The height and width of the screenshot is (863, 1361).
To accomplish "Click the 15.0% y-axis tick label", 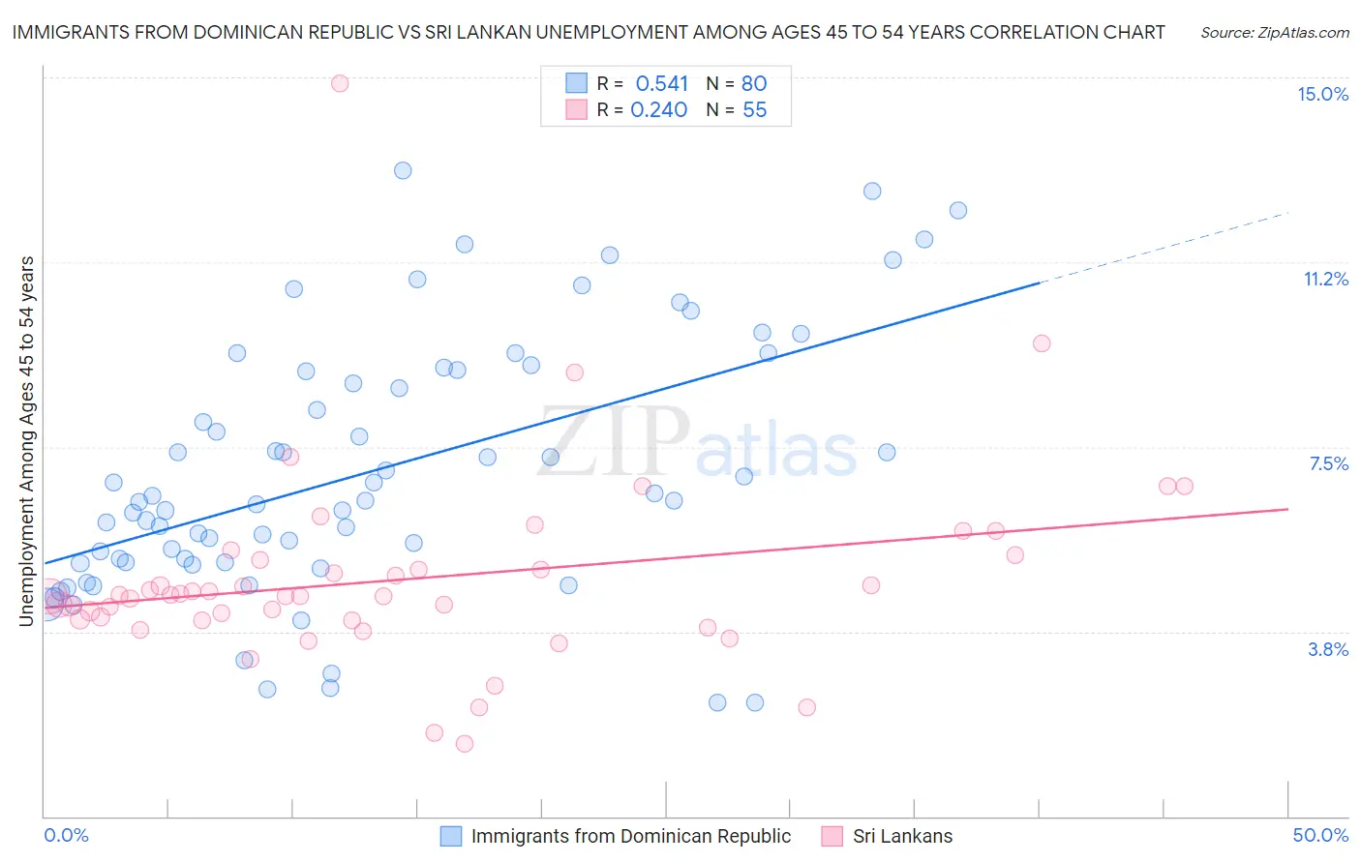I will coord(1322,94).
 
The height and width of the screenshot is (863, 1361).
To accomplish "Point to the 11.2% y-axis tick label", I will coord(1325,279).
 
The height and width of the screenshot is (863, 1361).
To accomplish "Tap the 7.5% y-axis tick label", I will coord(1328,463).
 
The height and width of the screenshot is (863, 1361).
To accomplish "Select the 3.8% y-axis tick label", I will coord(1328,649).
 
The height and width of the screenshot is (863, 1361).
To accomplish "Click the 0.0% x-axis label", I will coord(66,835).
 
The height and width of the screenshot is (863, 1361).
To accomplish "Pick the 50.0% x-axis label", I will coord(1320,835).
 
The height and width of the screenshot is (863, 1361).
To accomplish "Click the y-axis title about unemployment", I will coord(27,441).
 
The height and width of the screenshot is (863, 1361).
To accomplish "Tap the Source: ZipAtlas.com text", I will coord(1274,33).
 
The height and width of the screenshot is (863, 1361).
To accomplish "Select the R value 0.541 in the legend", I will coord(661,83).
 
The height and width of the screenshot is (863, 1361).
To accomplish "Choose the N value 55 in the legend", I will coord(754,110).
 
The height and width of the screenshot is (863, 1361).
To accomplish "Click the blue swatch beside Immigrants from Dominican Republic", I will coord(451,836).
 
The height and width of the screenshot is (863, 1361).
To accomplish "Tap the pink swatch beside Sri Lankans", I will coord(832,836).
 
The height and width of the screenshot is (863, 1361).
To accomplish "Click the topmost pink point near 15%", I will coord(340,83).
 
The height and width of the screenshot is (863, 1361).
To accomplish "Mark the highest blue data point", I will coord(403,170).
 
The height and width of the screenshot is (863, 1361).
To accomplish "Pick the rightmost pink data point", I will coord(1184,486).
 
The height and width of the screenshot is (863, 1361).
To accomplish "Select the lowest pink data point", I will coord(465,743).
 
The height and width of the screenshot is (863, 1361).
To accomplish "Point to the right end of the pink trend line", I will coord(1286,509).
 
